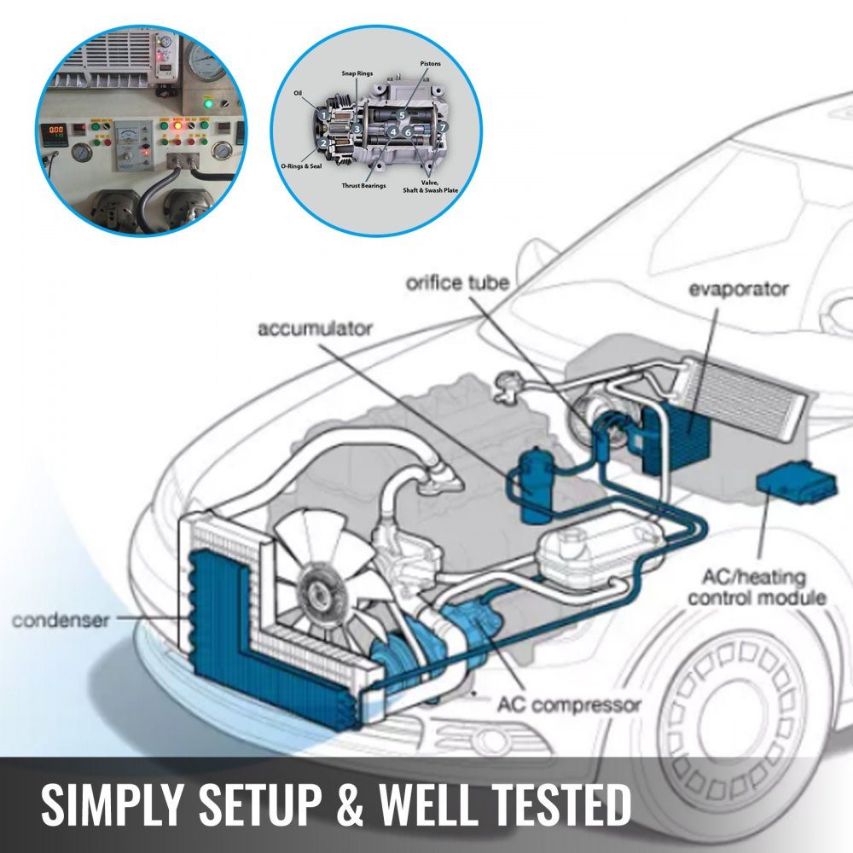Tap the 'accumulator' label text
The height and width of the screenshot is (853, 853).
point(316,328)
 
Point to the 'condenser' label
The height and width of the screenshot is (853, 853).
point(61,620)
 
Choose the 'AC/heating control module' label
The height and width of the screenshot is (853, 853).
point(757,588)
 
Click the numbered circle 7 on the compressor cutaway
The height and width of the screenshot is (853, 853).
point(443,128)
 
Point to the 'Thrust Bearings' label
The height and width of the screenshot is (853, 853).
point(364,185)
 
